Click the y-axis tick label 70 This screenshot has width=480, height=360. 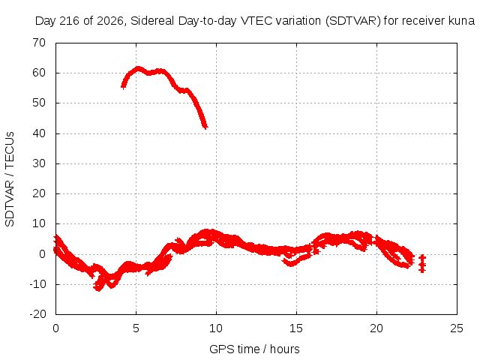click(39, 43)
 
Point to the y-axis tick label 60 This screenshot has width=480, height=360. click(39, 73)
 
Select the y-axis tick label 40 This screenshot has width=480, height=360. click(39, 133)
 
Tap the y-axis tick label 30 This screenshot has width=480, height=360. click(39, 163)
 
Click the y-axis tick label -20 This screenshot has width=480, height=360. click(37, 314)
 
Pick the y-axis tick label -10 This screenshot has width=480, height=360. click(37, 284)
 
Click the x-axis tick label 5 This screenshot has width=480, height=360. click(136, 328)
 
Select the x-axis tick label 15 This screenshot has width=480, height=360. click(296, 328)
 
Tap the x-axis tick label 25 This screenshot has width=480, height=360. click(457, 328)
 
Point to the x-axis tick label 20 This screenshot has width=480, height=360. click(376, 328)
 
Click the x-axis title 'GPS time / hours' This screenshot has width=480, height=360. click(254, 349)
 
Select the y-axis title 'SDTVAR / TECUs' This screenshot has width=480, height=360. click(10, 179)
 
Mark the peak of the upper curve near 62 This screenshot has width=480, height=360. click(138, 68)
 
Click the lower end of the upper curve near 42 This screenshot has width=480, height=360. click(205, 127)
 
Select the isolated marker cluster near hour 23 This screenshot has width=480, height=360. click(422, 263)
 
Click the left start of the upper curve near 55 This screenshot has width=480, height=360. click(123, 87)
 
